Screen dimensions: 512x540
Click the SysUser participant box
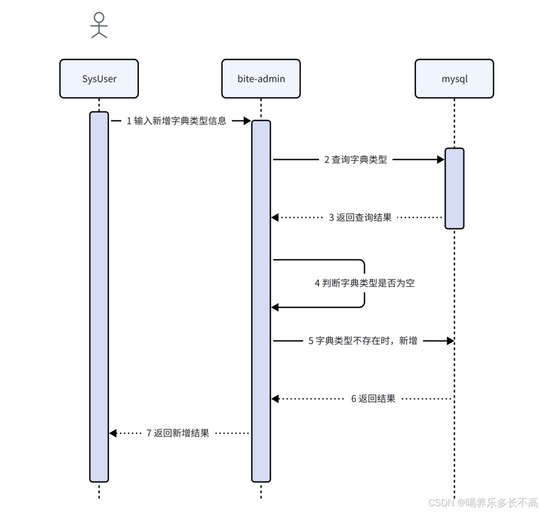coord(99,78)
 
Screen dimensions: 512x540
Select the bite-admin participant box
coord(261,78)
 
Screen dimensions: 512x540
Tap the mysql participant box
coord(454,78)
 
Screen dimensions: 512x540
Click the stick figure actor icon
coord(99,25)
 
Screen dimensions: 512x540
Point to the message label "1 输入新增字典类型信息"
coord(177,121)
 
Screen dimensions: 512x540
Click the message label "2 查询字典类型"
coord(356,160)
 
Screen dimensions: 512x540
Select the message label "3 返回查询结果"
coord(360,218)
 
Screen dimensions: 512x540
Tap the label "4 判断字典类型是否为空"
coord(365,284)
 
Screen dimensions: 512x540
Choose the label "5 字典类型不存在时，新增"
coord(363,341)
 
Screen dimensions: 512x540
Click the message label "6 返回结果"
coord(373,399)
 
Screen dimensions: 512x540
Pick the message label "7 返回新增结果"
coord(178,433)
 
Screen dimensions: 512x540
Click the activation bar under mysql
coord(454,188)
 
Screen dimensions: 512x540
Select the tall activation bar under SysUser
coord(99,296)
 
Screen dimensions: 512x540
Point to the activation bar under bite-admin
coord(261,301)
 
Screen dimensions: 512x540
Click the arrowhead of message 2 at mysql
coord(441,160)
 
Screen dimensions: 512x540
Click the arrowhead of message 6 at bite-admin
coord(275,399)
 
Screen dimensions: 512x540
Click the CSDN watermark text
coord(482,502)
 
